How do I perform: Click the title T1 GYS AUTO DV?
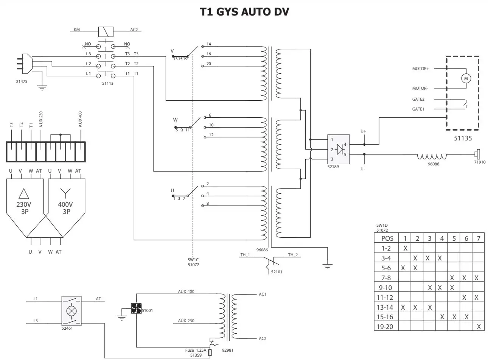pos(244,12)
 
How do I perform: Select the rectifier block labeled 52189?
pos(338,150)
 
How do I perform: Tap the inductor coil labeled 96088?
pos(432,157)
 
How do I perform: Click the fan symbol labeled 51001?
pos(136,309)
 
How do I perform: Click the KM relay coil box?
pos(106,31)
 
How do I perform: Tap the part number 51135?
pos(463,139)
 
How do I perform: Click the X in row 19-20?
pos(479,327)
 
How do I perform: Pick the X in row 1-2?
pos(405,248)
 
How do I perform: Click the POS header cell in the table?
pos(387,238)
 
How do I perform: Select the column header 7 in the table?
pos(479,238)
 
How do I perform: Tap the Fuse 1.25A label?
pos(195,351)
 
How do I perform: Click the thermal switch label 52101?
pos(277,272)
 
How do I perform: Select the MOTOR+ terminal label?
pos(420,69)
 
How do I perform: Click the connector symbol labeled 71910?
pos(478,154)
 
